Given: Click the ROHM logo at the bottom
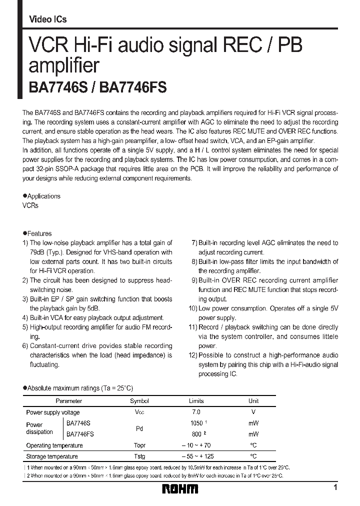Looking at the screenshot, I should click(x=180, y=488).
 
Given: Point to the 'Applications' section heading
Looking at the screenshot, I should click(x=43, y=196).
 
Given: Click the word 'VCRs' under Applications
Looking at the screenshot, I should click(x=30, y=205).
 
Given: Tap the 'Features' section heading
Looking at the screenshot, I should click(x=39, y=233).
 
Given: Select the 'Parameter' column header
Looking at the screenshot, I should click(x=68, y=401).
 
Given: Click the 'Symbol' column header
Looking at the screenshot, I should click(x=139, y=401).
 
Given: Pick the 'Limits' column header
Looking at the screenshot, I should click(x=196, y=401).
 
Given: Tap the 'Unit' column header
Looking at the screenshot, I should click(x=253, y=401).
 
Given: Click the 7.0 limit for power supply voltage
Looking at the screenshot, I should click(x=196, y=412).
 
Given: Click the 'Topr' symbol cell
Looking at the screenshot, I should click(x=139, y=445).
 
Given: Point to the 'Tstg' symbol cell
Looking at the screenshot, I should click(x=139, y=456).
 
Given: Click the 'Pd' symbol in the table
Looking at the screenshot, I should click(x=139, y=428).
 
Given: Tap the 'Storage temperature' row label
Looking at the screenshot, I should click(x=51, y=456).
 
